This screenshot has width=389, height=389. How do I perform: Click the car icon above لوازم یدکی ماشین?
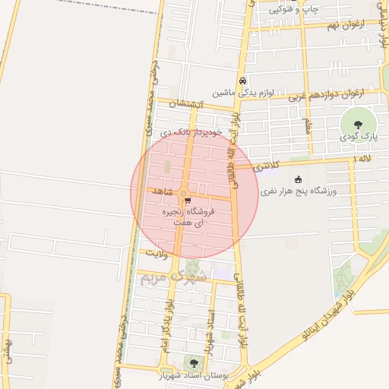242,81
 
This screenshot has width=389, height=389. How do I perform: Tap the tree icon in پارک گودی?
358,123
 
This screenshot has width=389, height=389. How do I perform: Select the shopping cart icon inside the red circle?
187,202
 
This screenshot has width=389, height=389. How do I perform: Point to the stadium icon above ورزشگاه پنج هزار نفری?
297,179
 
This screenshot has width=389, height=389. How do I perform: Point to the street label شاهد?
163,189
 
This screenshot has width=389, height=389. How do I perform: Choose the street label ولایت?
155,251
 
